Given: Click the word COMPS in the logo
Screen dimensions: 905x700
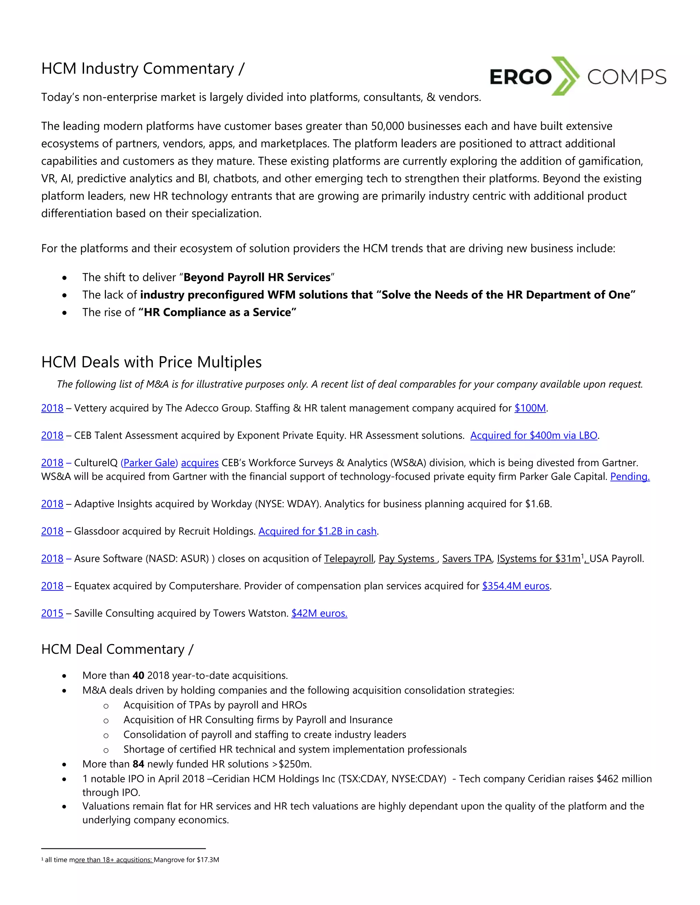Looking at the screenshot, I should (x=626, y=77).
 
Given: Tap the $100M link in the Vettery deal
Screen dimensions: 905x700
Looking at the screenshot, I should (x=530, y=408).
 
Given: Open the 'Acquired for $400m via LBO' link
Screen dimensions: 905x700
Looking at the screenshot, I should (x=534, y=435).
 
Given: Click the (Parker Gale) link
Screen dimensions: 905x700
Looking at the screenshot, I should (x=149, y=463).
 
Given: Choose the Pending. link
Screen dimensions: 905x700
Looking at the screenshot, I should (x=630, y=476).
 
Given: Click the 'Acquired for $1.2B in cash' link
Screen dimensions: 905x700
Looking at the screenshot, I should (x=318, y=531).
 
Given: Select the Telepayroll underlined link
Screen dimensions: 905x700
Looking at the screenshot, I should (x=349, y=559).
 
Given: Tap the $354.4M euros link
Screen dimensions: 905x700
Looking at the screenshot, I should (x=516, y=586).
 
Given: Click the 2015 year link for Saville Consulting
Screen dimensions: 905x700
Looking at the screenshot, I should (x=52, y=613).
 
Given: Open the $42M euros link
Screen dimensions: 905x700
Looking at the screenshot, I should (x=319, y=613).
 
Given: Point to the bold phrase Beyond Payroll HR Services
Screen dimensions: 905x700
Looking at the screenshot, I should (x=257, y=277).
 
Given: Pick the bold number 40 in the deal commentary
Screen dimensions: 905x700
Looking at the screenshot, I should (x=138, y=676).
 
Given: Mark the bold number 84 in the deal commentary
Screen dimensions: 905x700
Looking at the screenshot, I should (x=138, y=764).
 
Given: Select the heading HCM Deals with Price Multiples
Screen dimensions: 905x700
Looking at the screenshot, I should (x=151, y=362).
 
